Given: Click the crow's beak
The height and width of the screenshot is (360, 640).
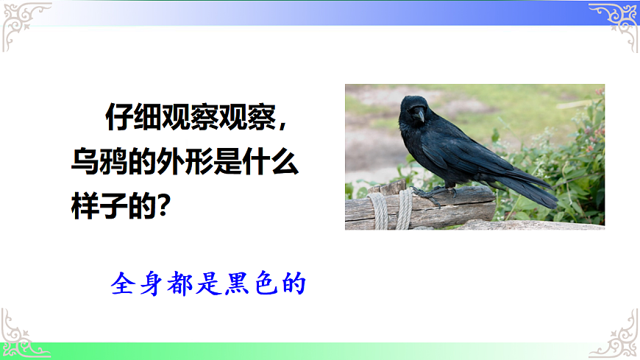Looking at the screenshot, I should click(419, 116).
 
